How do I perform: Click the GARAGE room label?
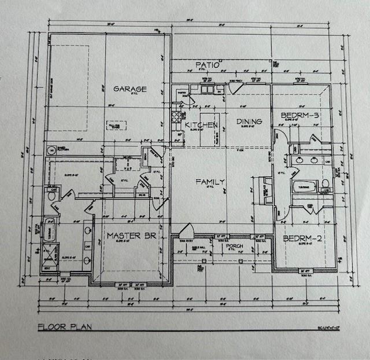pos(129,89)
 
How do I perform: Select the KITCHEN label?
pos(201,125)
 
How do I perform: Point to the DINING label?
pos(249,122)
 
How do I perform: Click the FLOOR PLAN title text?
pos(64,327)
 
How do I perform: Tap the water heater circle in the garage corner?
pos(51,150)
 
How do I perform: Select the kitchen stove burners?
pos(176,118)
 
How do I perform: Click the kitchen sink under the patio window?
pos(208,89)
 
